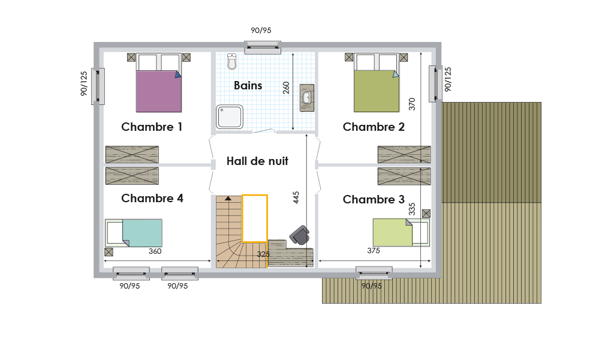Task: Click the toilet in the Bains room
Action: [232, 62]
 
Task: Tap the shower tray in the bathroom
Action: [230, 117]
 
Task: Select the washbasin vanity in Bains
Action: [307, 98]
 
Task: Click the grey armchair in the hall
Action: [300, 235]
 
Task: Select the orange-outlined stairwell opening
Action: [255, 218]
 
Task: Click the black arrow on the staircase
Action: [228, 198]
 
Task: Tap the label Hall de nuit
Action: [257, 161]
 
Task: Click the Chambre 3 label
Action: [374, 199]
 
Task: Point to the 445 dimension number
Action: [296, 197]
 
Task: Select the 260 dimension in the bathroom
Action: [286, 88]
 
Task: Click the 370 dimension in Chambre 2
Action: [411, 104]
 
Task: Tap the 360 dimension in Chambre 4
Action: [155, 251]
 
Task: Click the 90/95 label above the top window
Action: [261, 31]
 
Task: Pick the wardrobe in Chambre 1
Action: [132, 154]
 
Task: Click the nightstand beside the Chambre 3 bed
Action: [426, 214]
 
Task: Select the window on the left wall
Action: [98, 86]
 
